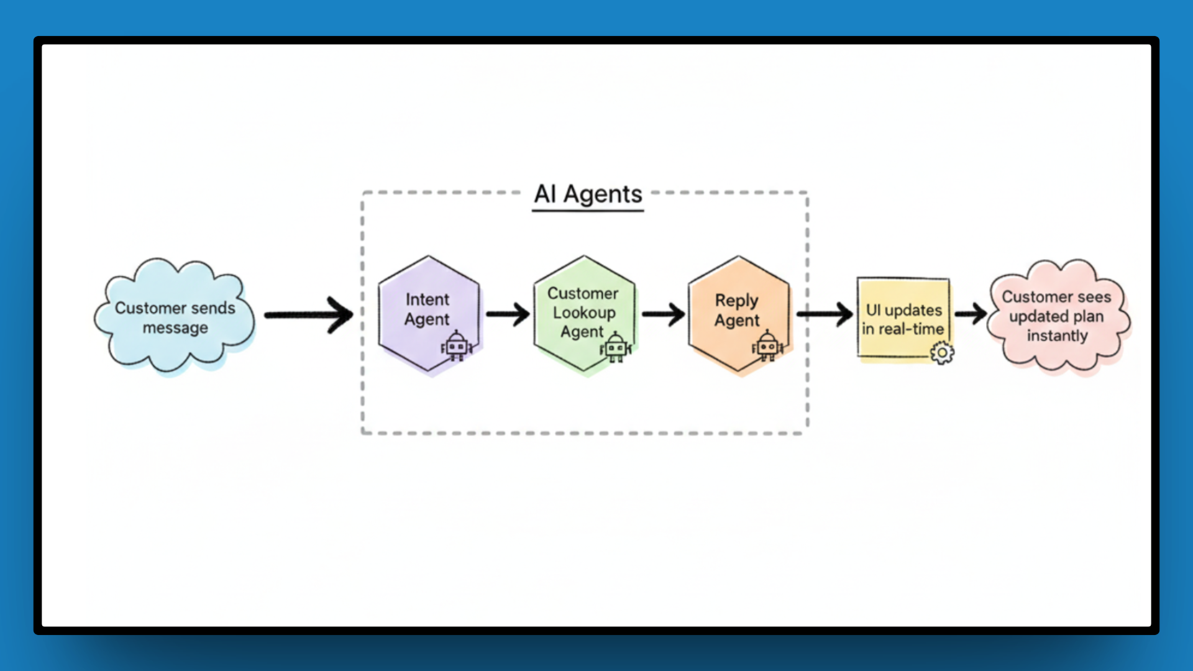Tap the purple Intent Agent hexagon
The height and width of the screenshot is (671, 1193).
click(429, 314)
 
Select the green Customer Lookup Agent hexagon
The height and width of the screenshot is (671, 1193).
click(584, 314)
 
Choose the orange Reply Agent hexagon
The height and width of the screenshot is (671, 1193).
click(739, 314)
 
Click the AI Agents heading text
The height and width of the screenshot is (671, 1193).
click(588, 194)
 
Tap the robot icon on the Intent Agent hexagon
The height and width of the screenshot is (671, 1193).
click(457, 346)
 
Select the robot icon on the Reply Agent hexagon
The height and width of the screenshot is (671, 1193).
click(767, 346)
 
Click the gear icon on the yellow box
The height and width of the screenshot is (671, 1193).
click(942, 353)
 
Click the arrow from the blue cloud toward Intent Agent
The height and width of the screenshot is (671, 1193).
click(309, 315)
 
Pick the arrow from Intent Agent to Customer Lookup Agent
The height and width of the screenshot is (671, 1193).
click(508, 314)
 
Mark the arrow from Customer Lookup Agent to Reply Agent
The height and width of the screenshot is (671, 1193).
click(664, 314)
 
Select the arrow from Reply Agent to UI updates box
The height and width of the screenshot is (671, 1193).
click(825, 314)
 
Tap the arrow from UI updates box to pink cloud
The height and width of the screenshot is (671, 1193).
click(971, 314)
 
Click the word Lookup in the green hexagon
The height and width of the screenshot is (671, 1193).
click(584, 313)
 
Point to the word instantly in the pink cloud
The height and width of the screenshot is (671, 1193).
click(1057, 335)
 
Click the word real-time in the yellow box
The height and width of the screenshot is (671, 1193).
click(912, 329)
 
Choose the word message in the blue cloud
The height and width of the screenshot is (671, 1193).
click(175, 328)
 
